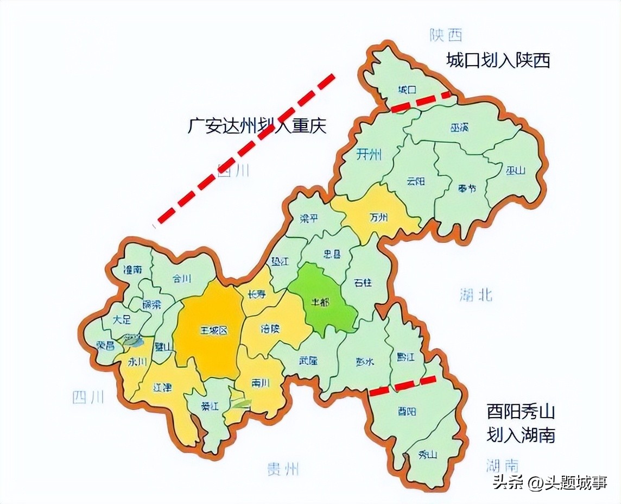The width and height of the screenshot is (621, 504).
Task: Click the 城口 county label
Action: coord(407,89)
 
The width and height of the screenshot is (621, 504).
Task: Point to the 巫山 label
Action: coord(516,171)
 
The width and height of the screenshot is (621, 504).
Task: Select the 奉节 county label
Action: coord(466,189)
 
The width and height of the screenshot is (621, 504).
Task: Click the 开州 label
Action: coord(369,155)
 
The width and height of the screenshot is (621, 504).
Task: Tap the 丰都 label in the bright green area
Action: coord(320,301)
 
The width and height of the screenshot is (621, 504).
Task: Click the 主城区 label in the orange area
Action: coord(212,330)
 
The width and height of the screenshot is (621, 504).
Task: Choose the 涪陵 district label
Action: coord(269,329)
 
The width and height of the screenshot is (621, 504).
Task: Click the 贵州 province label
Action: coord(283,469)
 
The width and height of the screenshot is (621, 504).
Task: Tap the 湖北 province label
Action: coord(476,295)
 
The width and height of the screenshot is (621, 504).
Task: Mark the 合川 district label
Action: coord(182,279)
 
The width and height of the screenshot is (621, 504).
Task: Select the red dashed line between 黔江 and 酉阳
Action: coord(403,385)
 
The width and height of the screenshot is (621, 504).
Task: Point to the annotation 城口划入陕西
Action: coord(498,60)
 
